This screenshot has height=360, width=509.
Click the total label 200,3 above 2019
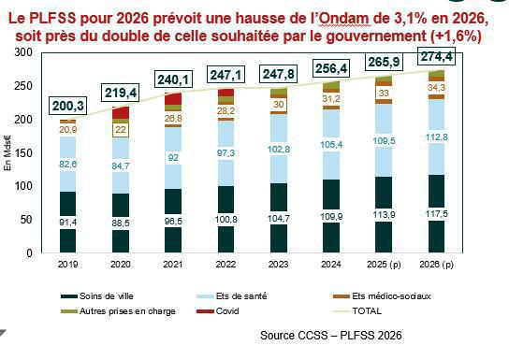(69, 106)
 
